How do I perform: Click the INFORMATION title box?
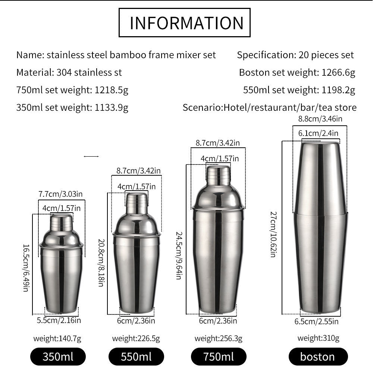[184, 23]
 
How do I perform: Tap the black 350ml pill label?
[58, 357]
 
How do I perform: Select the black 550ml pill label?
[136, 357]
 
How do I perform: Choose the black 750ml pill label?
[219, 357]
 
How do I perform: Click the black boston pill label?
[318, 357]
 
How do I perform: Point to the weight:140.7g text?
[57, 338]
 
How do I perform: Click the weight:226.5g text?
[136, 338]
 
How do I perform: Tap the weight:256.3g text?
[218, 338]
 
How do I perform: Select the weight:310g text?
[318, 338]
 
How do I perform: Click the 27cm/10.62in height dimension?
[273, 235]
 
